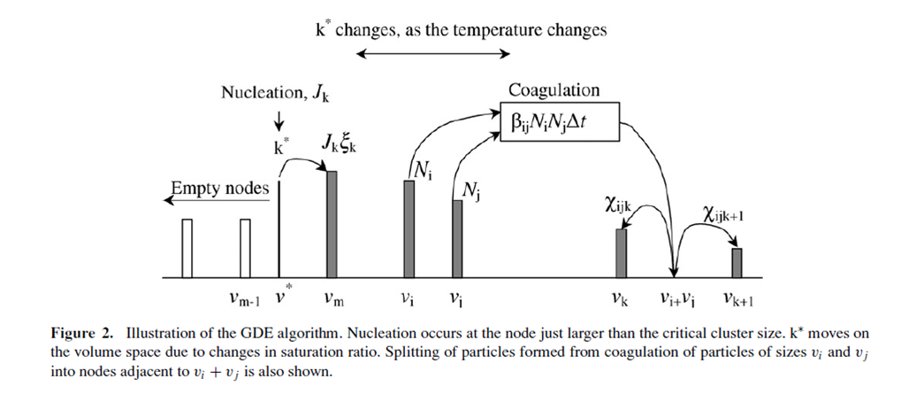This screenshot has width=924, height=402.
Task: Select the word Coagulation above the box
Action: click(554, 91)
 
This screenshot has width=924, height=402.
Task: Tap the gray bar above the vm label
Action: click(332, 224)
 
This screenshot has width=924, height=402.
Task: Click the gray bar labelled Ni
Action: click(409, 229)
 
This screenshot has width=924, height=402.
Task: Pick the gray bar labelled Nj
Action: click(457, 239)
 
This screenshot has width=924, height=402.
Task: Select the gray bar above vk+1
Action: click(737, 263)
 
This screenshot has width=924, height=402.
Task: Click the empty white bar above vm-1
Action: click(245, 248)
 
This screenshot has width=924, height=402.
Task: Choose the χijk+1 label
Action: click(723, 213)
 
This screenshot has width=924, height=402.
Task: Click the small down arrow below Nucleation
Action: click(280, 119)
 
